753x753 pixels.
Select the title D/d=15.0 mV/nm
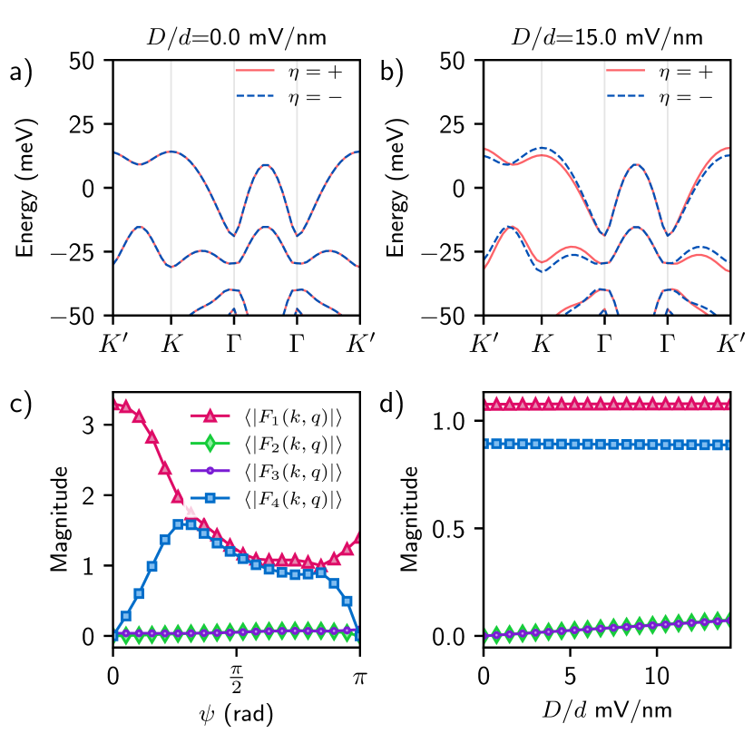[607, 39]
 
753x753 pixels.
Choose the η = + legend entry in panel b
[668, 71]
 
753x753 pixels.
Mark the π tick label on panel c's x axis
[360, 676]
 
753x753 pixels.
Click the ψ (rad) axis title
[236, 713]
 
